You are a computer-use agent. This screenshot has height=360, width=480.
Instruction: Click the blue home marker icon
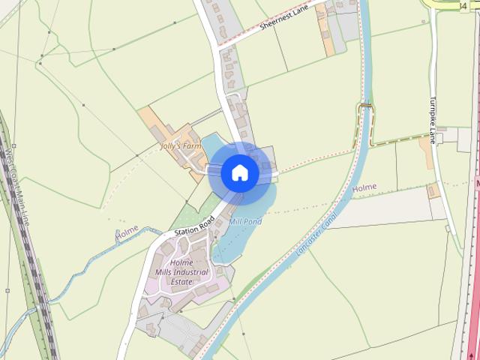(x=240, y=172)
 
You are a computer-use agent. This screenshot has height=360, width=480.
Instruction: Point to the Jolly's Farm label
(x=181, y=146)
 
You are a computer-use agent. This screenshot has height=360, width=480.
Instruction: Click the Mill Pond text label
(x=244, y=223)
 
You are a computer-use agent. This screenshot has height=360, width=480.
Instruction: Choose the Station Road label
(x=194, y=226)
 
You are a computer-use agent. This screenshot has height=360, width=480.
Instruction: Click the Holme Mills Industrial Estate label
(x=172, y=271)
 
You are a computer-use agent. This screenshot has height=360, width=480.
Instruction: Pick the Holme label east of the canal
(x=364, y=187)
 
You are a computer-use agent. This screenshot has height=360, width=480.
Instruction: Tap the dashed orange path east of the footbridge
(x=397, y=139)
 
